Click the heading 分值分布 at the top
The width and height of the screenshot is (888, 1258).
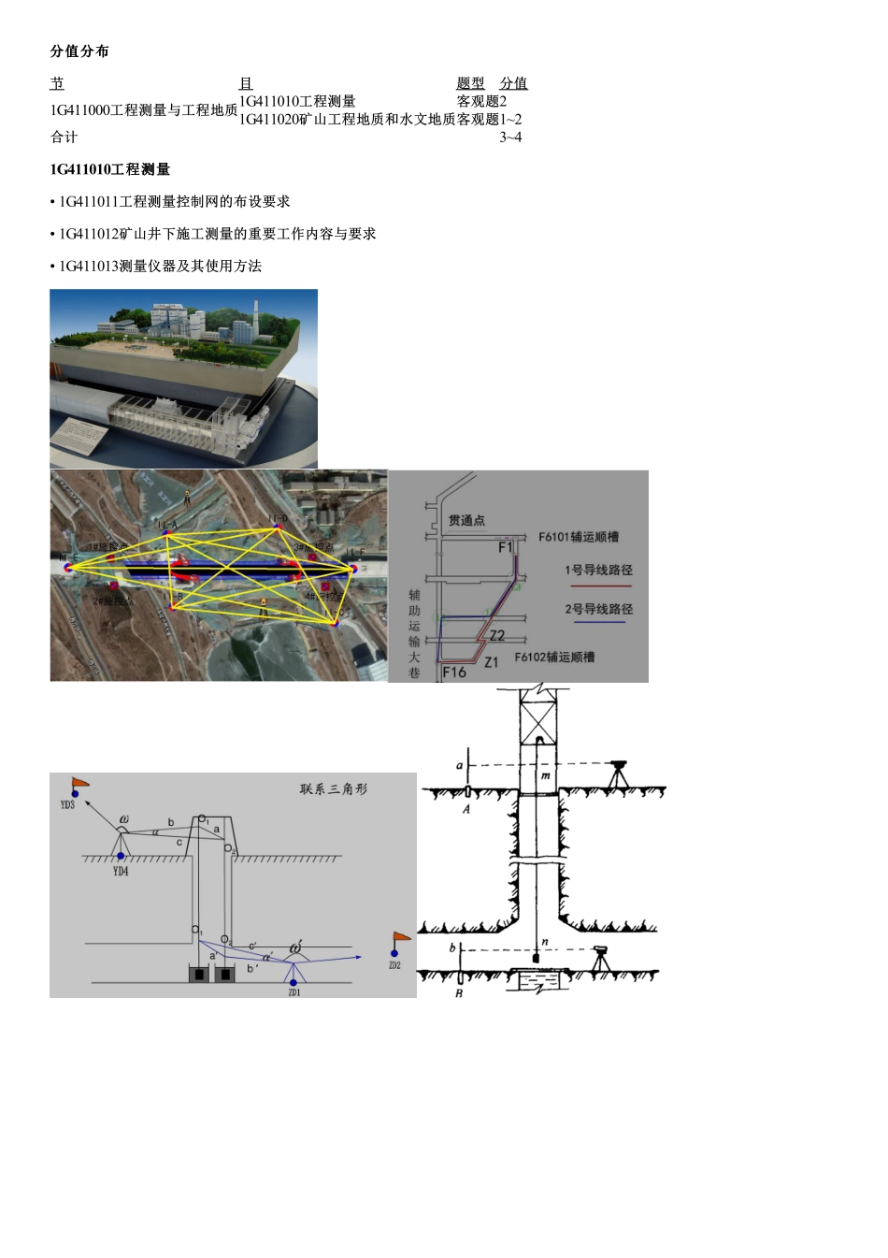[x=79, y=51]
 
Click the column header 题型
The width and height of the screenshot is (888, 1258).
[x=470, y=83]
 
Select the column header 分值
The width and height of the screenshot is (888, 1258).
[x=513, y=83]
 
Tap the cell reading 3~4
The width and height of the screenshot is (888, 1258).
[x=510, y=137]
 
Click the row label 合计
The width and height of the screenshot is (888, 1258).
[x=64, y=137]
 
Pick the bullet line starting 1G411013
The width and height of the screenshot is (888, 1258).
[x=156, y=267]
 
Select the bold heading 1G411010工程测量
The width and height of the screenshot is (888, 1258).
[x=110, y=169]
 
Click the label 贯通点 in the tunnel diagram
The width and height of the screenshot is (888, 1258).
[x=466, y=520]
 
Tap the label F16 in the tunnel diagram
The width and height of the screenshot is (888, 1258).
[x=454, y=672]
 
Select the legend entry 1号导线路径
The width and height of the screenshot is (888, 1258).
[x=598, y=570]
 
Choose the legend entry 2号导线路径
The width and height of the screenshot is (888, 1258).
[x=598, y=609]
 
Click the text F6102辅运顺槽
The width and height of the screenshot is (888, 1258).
[x=554, y=657]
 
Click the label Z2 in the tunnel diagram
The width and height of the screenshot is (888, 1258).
[x=497, y=636]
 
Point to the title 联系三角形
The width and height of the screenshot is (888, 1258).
[x=334, y=789]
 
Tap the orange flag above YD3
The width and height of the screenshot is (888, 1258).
[x=80, y=783]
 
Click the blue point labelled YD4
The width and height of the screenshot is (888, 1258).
[x=121, y=856]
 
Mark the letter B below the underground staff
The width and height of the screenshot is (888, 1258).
[x=459, y=993]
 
